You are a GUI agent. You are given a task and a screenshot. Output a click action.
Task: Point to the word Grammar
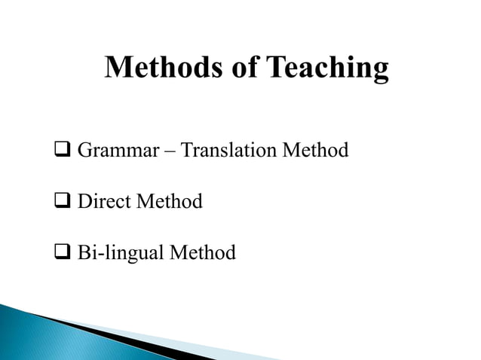(x=117, y=151)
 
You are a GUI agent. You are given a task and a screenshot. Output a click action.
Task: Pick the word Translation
(x=228, y=151)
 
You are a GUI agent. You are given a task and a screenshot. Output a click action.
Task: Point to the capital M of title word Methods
(x=119, y=68)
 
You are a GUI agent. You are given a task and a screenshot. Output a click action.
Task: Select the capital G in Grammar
(x=84, y=151)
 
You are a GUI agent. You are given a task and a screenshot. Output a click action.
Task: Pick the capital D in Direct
(x=84, y=202)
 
